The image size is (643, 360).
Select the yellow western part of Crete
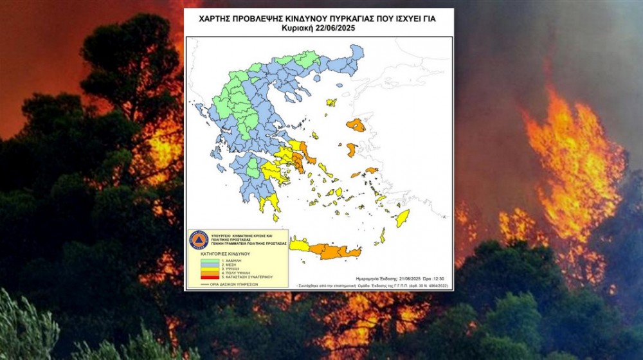[299, 245]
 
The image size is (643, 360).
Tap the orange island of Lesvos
[356, 125]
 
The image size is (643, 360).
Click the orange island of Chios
[351, 150]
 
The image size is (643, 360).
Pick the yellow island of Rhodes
[403, 218]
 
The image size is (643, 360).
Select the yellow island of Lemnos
[331, 102]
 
